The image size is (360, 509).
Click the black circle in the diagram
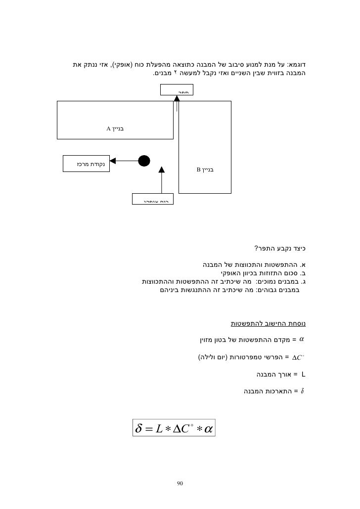[x=143, y=161]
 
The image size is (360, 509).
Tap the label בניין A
[x=115, y=129]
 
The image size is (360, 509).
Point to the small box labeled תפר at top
[x=177, y=90]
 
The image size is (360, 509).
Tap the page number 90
[x=180, y=483]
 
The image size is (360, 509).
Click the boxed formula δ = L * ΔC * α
[x=175, y=428]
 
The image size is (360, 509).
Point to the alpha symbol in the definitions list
[x=302, y=339]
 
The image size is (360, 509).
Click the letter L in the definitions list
[x=303, y=374]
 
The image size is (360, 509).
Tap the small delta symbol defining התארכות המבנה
[x=303, y=392]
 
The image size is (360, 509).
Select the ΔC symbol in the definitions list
[x=299, y=357]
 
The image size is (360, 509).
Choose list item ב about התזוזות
[x=261, y=272]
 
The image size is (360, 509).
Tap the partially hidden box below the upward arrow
[x=153, y=199]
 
